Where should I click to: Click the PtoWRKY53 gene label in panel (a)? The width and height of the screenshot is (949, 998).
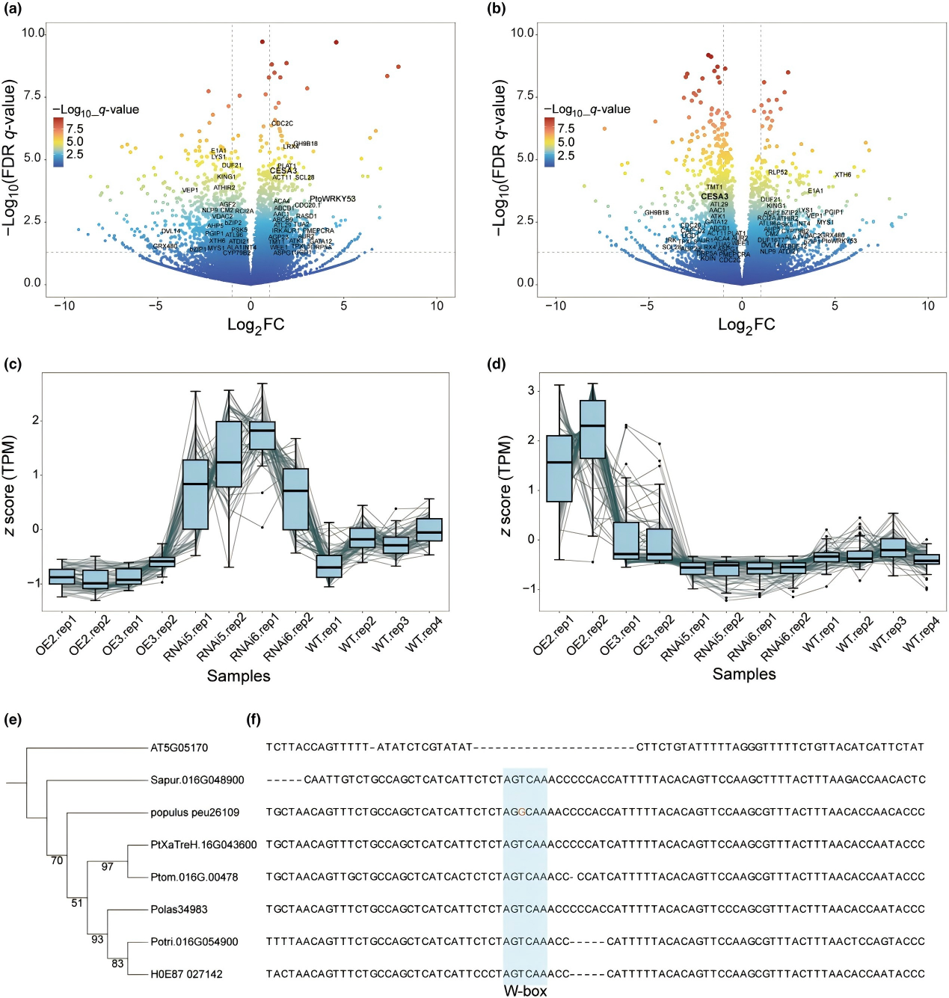332,199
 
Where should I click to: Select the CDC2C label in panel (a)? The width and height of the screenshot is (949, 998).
282,123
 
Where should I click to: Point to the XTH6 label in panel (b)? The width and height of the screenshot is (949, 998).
843,175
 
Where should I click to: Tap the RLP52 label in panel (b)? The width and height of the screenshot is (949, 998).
778,173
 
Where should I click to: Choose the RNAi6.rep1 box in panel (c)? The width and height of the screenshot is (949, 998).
262,436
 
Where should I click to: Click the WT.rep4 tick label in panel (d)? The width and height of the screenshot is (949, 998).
922,634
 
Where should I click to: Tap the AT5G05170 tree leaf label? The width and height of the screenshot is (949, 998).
179,748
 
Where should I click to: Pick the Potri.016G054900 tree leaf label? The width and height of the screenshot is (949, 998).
194,942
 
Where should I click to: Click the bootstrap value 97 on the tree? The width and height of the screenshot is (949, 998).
108,866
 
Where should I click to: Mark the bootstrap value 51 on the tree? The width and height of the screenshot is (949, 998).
77,903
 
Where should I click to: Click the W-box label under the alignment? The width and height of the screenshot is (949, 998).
525,991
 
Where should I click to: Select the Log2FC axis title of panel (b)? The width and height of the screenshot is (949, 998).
746,324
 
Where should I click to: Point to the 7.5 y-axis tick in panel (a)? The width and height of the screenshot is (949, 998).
32,96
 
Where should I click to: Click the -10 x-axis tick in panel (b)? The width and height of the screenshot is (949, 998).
555,306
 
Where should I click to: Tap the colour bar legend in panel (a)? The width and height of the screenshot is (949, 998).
58,141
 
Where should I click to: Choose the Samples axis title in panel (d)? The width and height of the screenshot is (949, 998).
744,674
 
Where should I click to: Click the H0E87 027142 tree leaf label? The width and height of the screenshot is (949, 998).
186,974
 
